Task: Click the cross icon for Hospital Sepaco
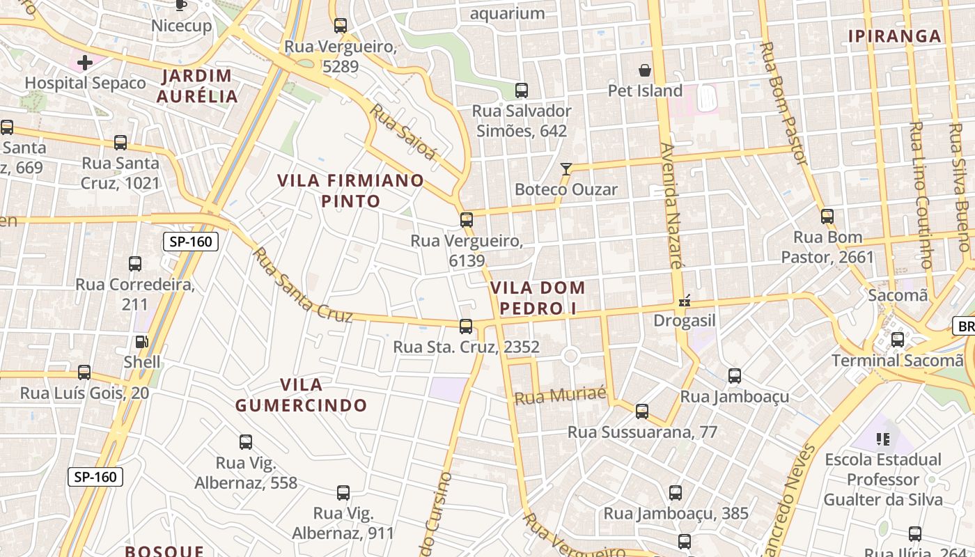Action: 85,63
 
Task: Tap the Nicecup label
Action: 181,26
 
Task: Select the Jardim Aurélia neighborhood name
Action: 197,86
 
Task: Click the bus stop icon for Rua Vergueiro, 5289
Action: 340,26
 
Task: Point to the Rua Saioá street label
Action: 403,132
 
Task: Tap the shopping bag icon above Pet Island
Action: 645,70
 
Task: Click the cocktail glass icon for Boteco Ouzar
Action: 566,169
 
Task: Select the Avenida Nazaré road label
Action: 671,205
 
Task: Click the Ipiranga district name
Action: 894,36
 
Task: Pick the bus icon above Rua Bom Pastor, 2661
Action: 827,217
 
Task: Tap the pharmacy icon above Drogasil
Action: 685,301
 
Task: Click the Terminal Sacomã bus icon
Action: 898,340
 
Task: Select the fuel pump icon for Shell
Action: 141,342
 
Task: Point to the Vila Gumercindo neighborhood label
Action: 301,395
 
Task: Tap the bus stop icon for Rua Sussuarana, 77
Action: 641,411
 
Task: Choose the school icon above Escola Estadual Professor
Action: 883,439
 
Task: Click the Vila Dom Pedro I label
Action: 538,298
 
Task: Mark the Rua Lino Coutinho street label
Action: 921,195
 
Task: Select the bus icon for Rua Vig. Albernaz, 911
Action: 343,494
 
